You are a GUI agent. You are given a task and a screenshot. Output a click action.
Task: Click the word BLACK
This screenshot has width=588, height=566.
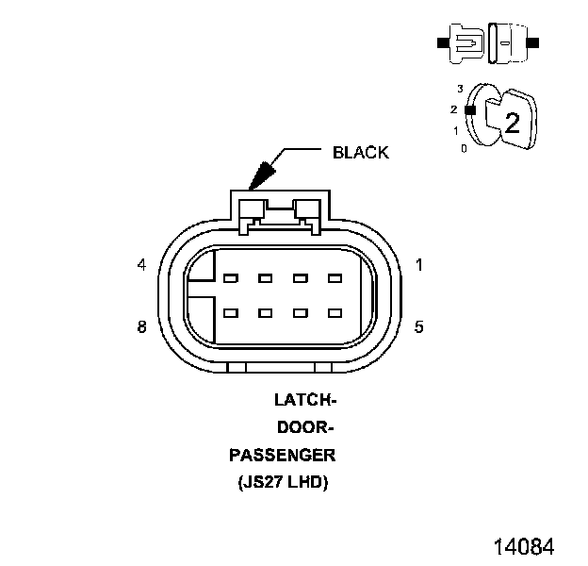point(360,153)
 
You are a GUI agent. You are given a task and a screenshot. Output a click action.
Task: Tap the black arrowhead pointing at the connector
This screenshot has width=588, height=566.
point(260,175)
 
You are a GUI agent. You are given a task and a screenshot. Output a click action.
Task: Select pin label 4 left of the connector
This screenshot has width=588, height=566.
point(141,265)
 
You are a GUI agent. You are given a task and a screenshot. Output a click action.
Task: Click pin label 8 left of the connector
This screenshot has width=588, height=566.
point(141,327)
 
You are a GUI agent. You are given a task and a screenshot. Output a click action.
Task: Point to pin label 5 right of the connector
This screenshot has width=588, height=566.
point(419,327)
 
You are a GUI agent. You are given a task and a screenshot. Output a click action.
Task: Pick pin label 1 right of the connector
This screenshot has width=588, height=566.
point(419,265)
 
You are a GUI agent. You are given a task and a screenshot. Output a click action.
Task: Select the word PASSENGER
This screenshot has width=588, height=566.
point(283,456)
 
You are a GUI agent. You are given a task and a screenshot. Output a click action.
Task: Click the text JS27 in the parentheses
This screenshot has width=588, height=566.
point(269,484)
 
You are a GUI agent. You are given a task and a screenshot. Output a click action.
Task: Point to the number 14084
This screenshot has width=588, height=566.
point(522,546)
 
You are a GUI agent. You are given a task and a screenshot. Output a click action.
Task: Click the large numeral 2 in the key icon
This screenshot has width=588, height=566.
point(512,122)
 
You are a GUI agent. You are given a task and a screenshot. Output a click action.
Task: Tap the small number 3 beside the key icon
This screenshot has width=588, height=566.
point(460,89)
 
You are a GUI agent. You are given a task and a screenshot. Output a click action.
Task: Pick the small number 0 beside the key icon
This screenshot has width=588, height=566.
point(463,148)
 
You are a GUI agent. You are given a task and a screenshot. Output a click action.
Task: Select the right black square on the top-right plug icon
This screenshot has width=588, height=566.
point(533,43)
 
